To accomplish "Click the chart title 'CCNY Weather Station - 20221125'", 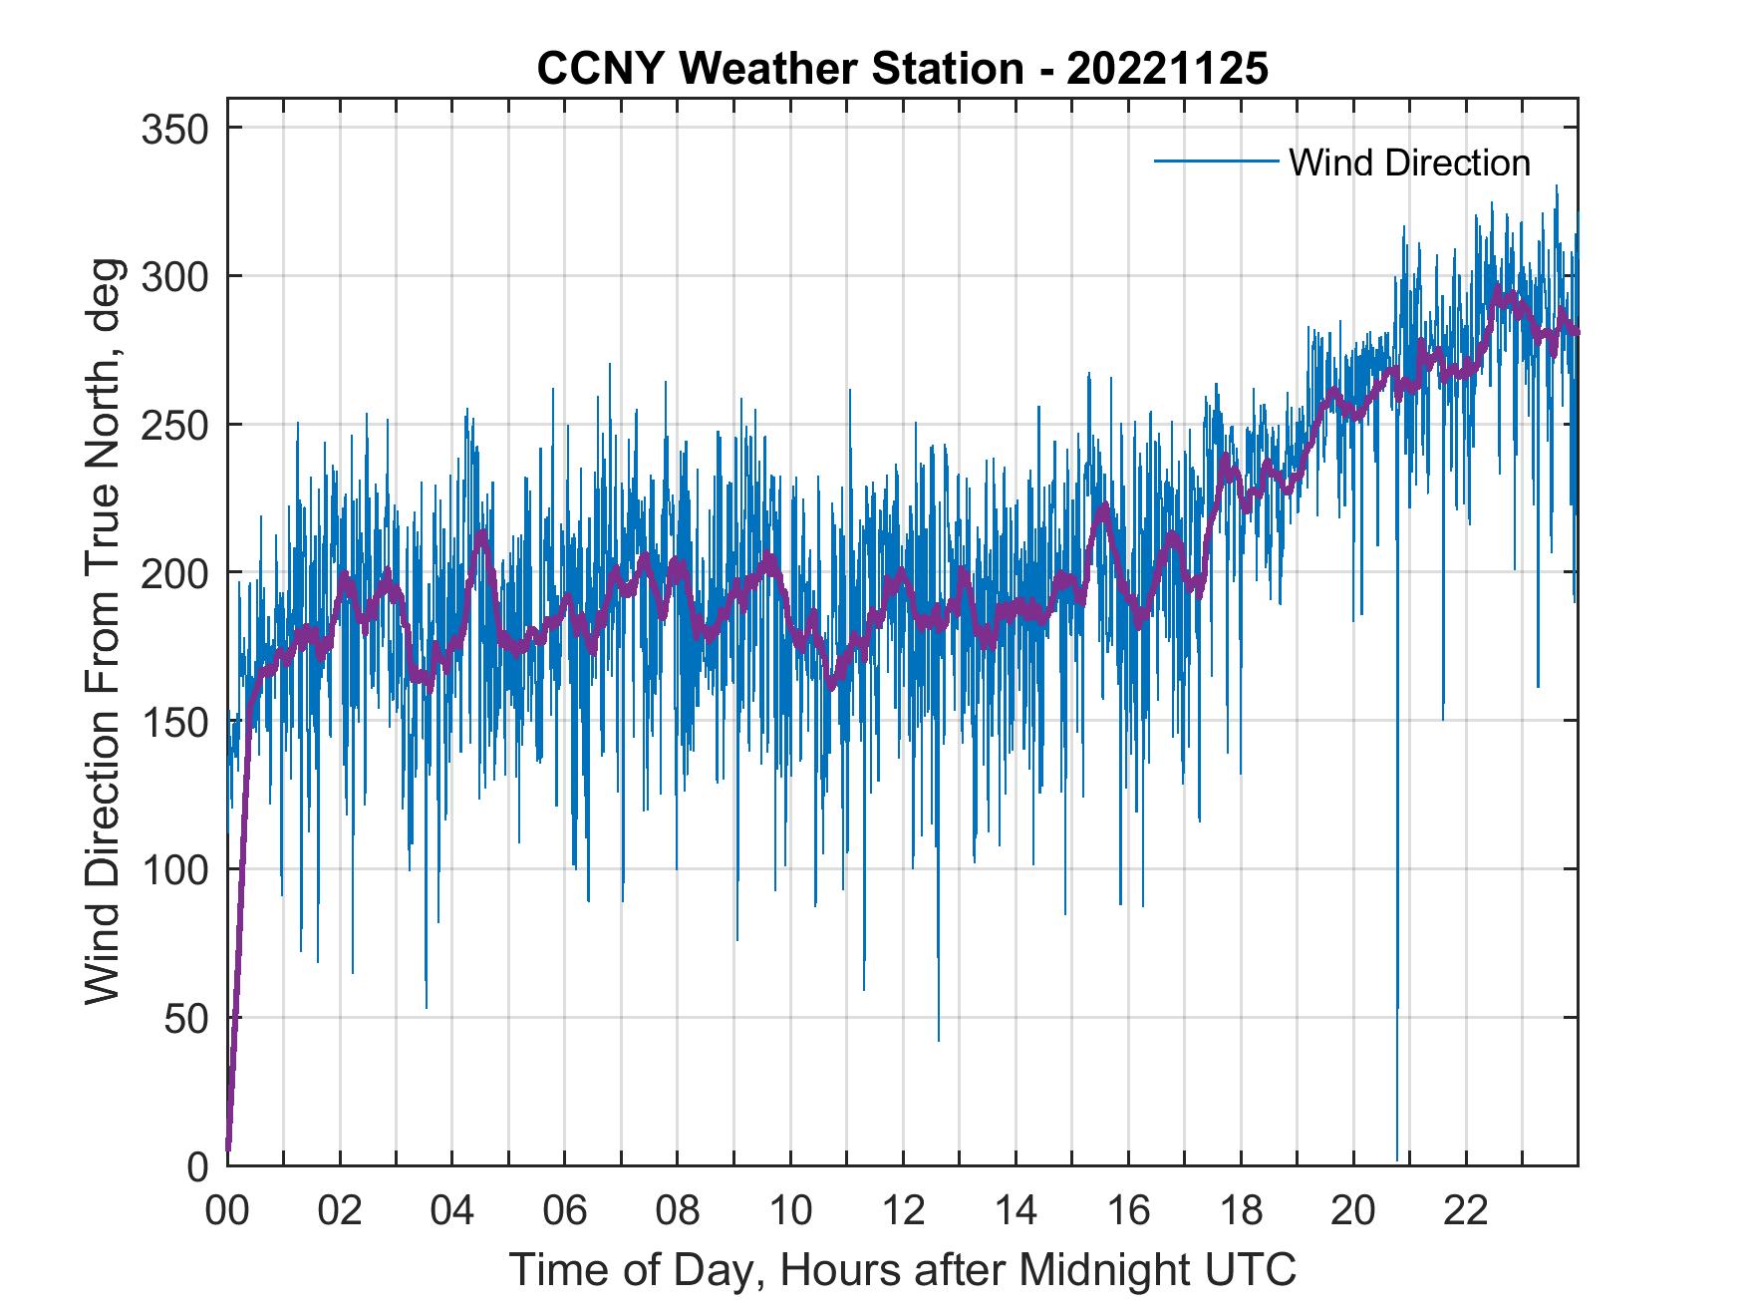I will click(902, 69).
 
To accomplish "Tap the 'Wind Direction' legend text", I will click(1409, 163).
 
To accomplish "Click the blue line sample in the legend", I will click(1216, 162).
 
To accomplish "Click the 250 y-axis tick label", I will click(174, 425).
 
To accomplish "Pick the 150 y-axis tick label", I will click(174, 721).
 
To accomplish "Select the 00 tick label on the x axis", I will click(227, 1211).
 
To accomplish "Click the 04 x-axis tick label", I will click(452, 1211).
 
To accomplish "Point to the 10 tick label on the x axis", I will click(790, 1211).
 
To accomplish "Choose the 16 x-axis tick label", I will click(1128, 1211).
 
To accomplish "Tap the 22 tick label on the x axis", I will click(1466, 1211).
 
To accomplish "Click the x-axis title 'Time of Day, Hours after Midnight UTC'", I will click(903, 1269).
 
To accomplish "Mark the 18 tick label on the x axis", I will click(1241, 1211).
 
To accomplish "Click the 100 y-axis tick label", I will click(174, 869).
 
